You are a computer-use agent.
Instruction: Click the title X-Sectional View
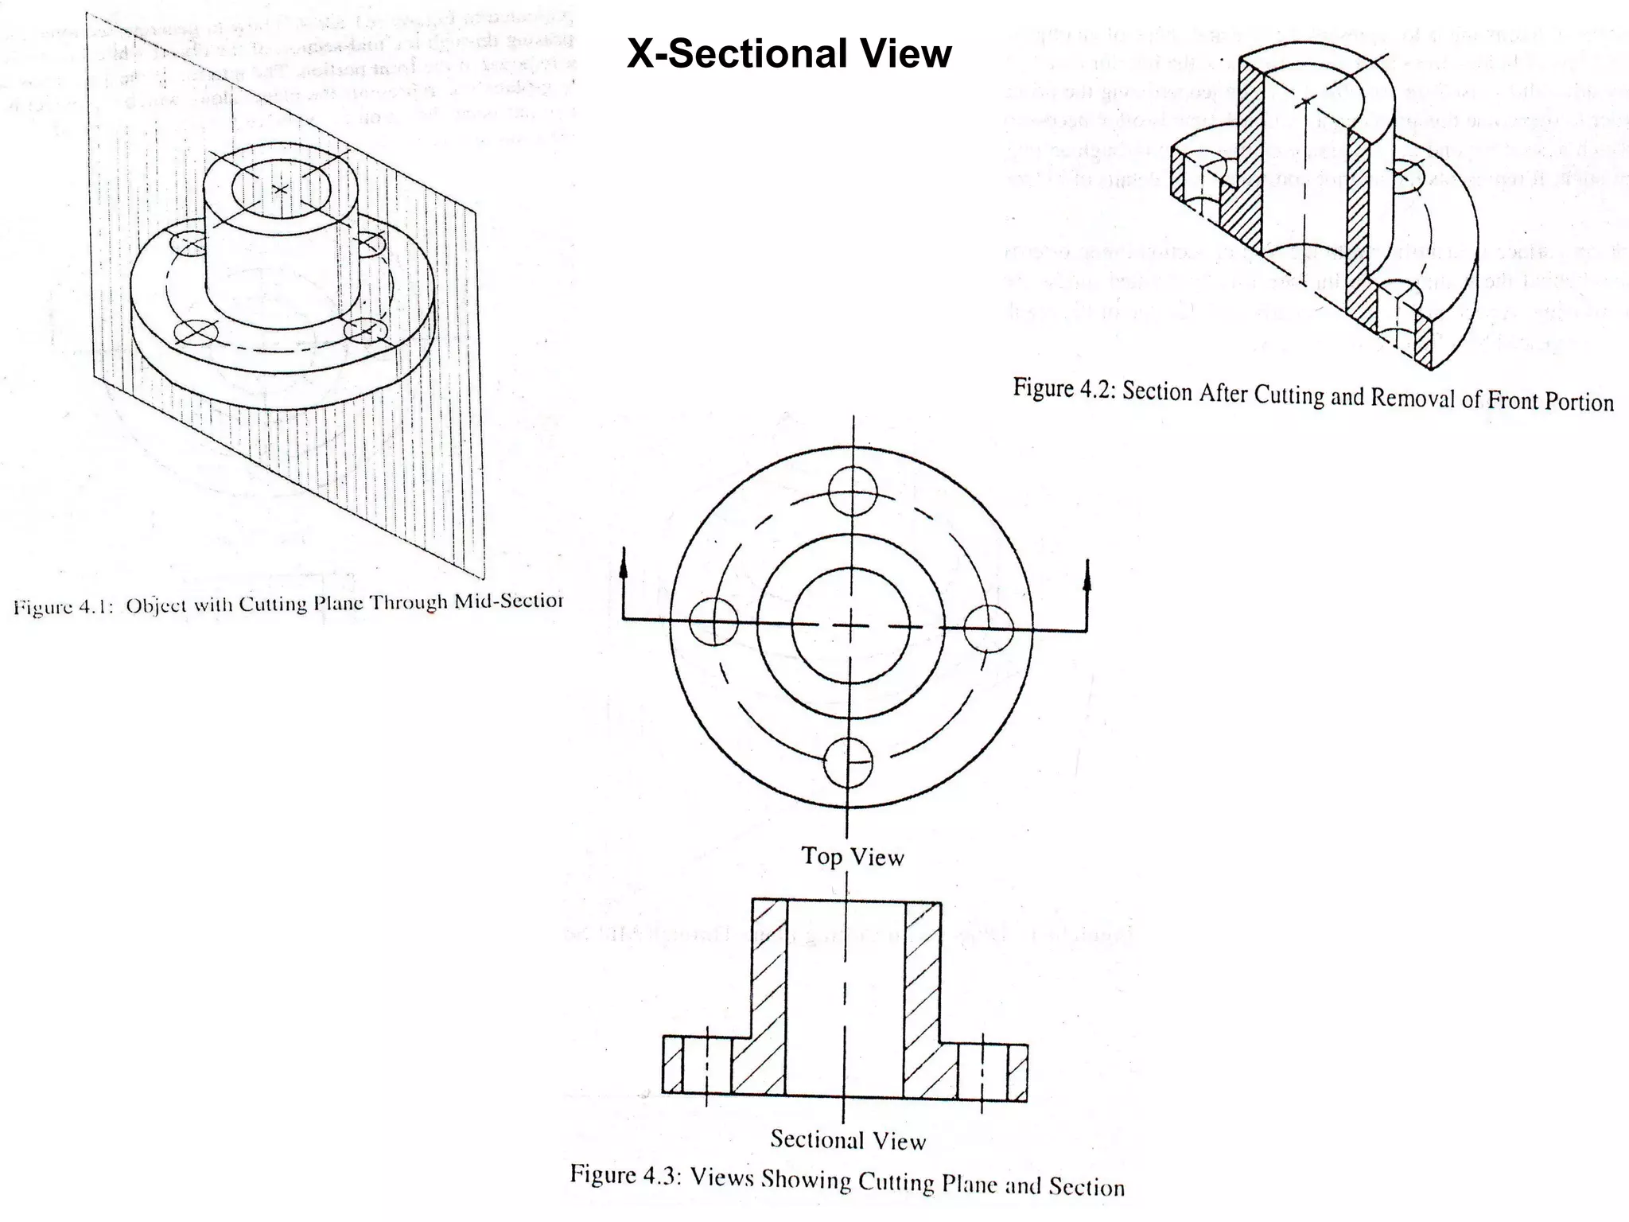788,54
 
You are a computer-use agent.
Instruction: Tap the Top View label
852,857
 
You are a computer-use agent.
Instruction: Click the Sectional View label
848,1140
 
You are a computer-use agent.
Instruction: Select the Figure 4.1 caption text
288,604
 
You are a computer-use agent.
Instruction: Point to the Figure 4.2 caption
1312,395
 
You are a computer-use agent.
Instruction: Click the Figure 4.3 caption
847,1181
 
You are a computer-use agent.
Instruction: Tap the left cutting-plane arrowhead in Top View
623,560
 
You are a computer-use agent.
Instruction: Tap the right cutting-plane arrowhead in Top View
1087,572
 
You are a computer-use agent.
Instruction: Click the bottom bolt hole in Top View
849,762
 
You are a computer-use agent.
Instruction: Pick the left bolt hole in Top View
714,621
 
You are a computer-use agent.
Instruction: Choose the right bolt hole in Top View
989,629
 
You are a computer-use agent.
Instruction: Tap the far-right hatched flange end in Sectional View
1017,1069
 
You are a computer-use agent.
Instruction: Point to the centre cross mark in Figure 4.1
280,189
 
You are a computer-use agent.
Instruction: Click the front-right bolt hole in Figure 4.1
367,329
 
